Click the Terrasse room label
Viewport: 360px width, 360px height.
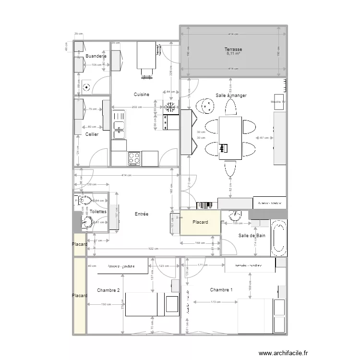233,49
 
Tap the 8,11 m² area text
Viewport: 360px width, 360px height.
233,54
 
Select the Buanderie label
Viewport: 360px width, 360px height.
96,56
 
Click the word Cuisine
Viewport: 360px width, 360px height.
142,95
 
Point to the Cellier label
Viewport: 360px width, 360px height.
92,134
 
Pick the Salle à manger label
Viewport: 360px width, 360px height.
231,96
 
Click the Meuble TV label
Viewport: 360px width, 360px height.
278,102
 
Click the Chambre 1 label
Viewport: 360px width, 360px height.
221,289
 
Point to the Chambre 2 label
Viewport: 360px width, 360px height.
108,290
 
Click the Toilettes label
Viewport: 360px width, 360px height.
98,211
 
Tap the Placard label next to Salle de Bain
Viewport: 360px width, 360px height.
200,222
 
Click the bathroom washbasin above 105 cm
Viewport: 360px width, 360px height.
236,215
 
